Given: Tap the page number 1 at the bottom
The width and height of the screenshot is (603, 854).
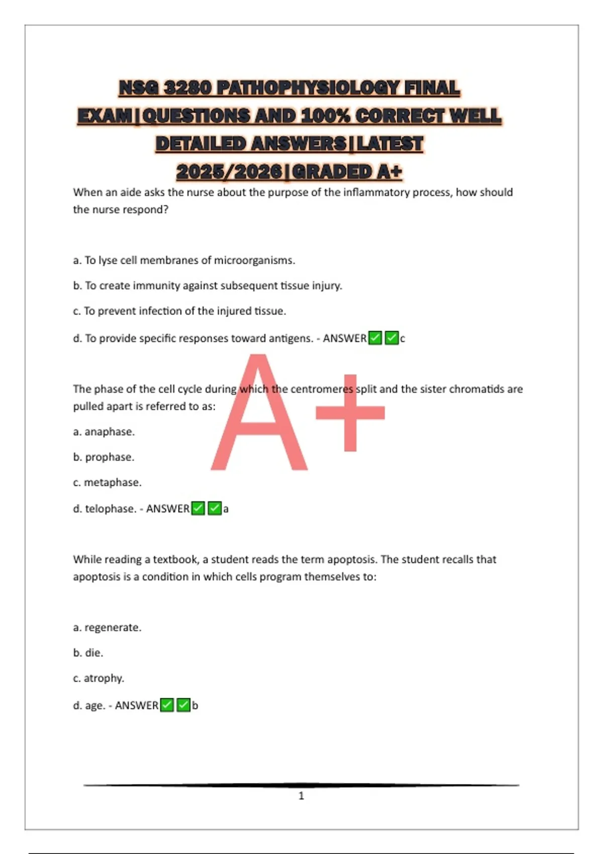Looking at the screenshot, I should pyautogui.click(x=301, y=796).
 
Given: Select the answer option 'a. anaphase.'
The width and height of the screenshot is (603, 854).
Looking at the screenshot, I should pyautogui.click(x=104, y=432).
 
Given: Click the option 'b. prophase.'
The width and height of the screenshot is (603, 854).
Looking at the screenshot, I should pyautogui.click(x=104, y=457).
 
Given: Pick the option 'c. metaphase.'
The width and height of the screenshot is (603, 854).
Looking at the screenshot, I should pyautogui.click(x=108, y=482).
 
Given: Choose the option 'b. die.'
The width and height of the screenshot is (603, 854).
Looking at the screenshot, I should pyautogui.click(x=88, y=653).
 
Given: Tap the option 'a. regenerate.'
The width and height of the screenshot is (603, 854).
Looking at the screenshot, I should pyautogui.click(x=108, y=627).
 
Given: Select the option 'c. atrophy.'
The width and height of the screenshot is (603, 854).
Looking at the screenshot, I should pyautogui.click(x=98, y=678).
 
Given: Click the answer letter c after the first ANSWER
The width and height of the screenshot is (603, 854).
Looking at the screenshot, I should pyautogui.click(x=403, y=339).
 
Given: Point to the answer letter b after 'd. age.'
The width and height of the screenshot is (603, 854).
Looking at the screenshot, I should pyautogui.click(x=195, y=705).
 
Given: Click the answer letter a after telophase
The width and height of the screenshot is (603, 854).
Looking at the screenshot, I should pyautogui.click(x=226, y=509).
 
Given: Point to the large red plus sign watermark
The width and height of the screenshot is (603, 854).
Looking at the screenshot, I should pyautogui.click(x=350, y=413).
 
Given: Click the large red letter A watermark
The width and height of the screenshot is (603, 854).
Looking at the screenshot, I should pyautogui.click(x=259, y=417).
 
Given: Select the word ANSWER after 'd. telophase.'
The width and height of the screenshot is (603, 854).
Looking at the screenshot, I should pyautogui.click(x=167, y=509).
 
